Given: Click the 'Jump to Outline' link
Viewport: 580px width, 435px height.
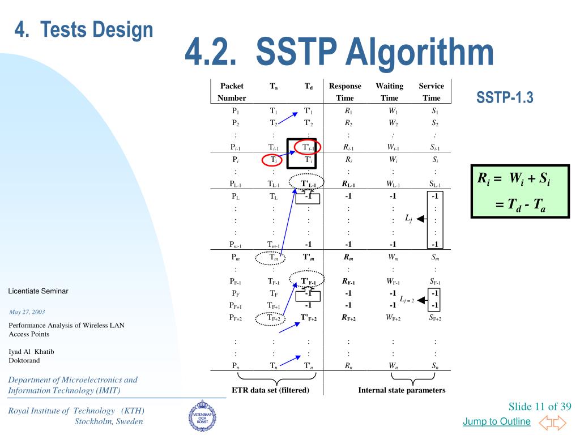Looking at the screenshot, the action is [496, 421].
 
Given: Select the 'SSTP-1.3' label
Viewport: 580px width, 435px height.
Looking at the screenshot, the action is [505, 98].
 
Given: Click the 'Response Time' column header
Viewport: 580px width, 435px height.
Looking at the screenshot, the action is [345, 92].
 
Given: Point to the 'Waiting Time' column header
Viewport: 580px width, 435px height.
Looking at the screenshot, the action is [390, 92].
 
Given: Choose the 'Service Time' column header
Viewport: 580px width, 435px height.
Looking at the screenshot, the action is [432, 92].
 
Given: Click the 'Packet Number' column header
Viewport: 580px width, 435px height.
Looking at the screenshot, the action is [232, 92].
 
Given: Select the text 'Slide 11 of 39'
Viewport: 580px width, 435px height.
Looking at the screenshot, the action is [540, 407].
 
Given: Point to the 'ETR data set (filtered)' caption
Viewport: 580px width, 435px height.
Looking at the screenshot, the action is [271, 390].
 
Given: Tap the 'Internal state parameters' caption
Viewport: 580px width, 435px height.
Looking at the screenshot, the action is [402, 390].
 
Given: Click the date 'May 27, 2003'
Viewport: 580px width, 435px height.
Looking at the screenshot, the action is [27, 312].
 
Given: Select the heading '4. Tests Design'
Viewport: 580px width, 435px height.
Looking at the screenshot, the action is [84, 29].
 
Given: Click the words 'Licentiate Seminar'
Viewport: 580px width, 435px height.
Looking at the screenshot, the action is [38, 291].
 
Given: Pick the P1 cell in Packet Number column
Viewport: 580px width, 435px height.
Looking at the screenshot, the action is [235, 111].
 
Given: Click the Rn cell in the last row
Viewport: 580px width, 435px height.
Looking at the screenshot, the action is [348, 365].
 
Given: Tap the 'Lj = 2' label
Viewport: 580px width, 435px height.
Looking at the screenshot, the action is [407, 299].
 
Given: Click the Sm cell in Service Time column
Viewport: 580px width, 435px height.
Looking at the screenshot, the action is [434, 256].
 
